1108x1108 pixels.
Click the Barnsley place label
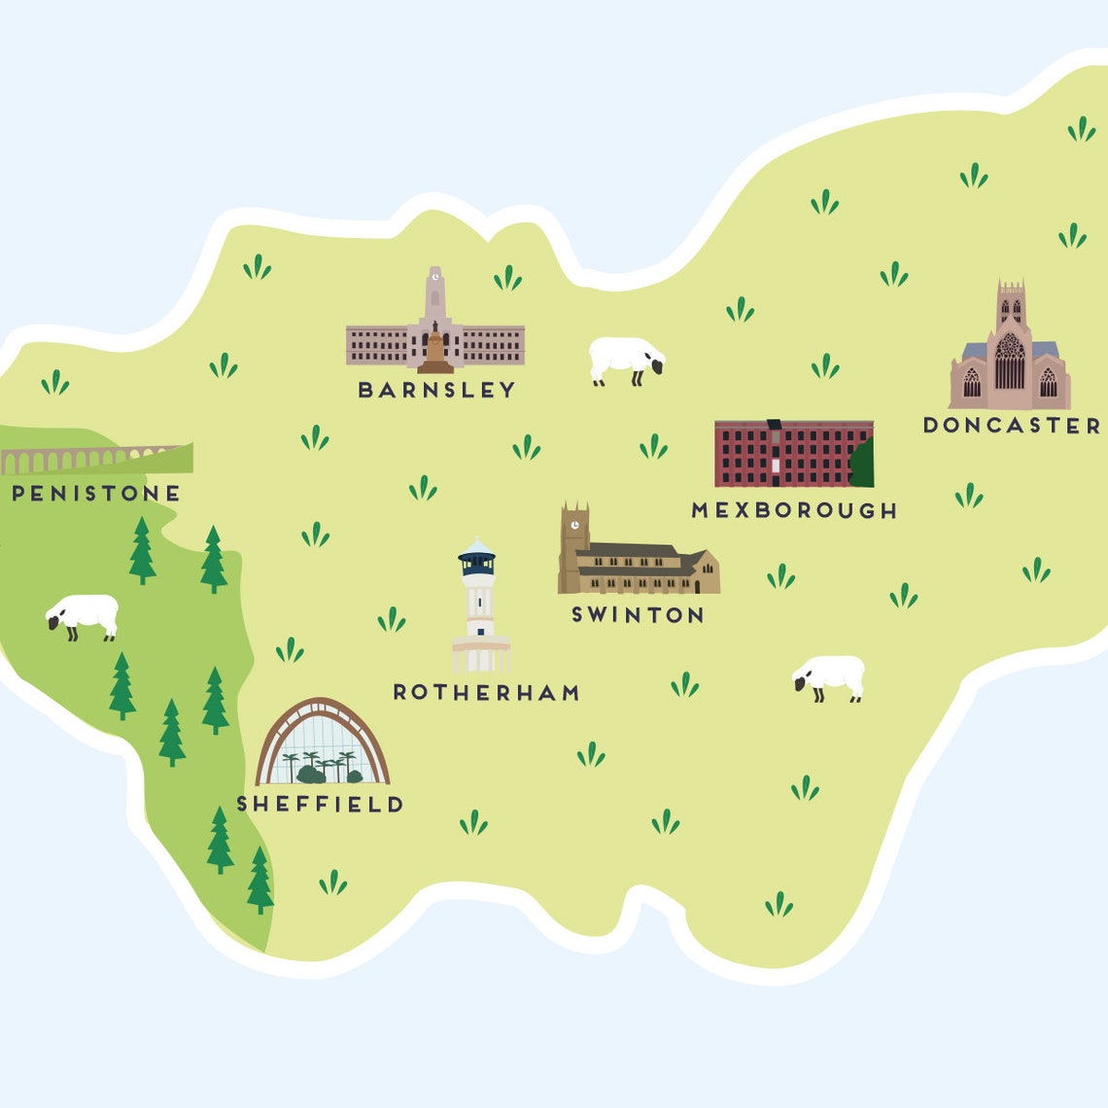click(436, 390)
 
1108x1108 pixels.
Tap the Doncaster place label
click(1011, 426)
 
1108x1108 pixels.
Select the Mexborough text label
click(794, 510)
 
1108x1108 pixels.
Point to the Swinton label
click(638, 615)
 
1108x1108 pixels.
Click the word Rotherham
click(486, 693)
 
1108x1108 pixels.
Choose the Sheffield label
click(320, 805)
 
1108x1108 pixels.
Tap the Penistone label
click(95, 494)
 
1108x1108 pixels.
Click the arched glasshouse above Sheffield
click(322, 744)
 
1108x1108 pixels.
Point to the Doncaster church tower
click(1011, 306)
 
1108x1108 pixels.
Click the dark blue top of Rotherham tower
click(477, 561)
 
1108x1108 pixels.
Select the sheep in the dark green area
click(84, 615)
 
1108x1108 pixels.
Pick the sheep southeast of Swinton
click(829, 676)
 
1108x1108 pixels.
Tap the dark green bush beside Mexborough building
click(861, 465)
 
